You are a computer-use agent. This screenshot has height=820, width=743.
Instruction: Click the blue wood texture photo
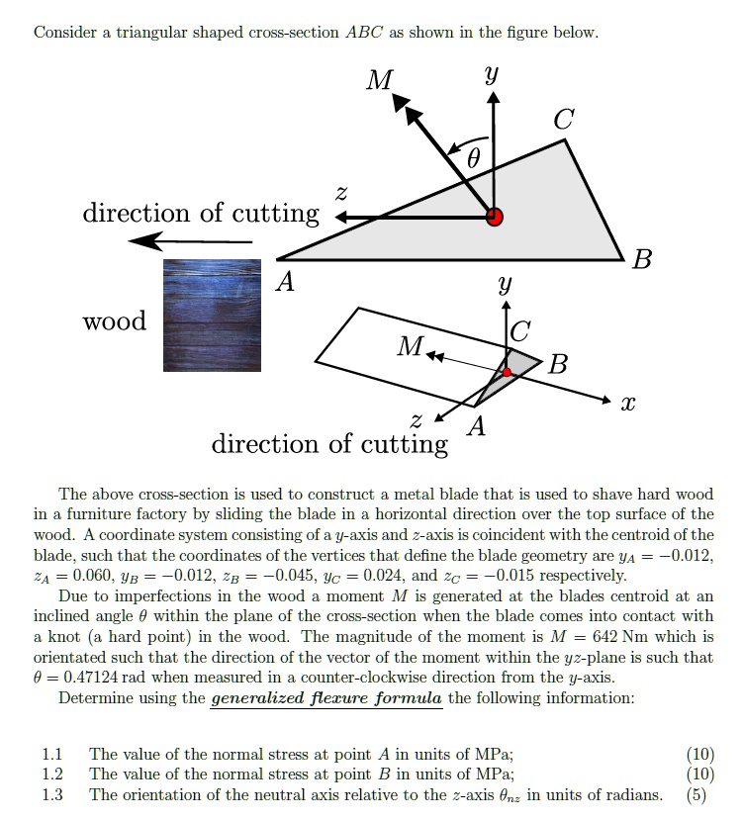[x=212, y=315]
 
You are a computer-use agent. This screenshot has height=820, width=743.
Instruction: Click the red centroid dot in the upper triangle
[x=495, y=217]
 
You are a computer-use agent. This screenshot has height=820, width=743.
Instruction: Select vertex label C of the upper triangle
[x=562, y=121]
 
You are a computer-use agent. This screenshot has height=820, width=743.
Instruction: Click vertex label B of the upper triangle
[x=642, y=260]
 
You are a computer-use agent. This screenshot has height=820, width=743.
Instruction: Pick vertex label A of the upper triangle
[x=285, y=283]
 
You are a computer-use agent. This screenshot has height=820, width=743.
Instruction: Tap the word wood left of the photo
[x=115, y=320]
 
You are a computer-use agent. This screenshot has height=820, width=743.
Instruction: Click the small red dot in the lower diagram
[x=508, y=372]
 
